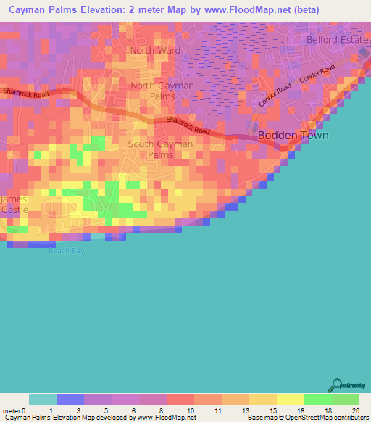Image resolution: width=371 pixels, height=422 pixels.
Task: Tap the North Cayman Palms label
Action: coord(162,91)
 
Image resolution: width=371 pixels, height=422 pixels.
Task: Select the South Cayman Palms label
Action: coord(161,149)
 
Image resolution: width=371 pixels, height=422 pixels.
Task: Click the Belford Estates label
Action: coord(338,39)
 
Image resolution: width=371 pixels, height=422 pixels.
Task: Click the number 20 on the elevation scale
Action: coord(354,410)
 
